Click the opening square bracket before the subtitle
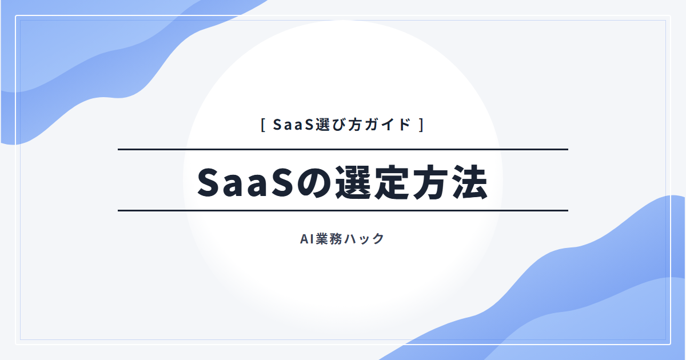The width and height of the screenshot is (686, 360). (x=263, y=125)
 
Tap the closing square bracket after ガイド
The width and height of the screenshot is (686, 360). (x=421, y=125)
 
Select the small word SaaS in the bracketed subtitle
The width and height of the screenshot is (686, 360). (x=294, y=125)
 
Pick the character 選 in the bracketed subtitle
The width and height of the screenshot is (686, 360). (x=322, y=125)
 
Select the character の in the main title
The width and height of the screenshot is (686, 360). (x=314, y=183)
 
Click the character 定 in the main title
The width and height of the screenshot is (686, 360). (x=392, y=182)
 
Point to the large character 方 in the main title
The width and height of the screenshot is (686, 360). (x=430, y=182)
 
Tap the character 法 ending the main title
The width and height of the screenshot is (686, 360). (x=469, y=182)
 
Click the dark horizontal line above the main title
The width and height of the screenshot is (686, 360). (x=343, y=149)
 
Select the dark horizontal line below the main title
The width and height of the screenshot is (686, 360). (x=343, y=211)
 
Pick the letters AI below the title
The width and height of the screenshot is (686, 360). (x=307, y=239)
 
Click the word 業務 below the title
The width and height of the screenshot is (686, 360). (x=329, y=239)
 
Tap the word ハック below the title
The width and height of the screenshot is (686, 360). (x=364, y=239)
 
